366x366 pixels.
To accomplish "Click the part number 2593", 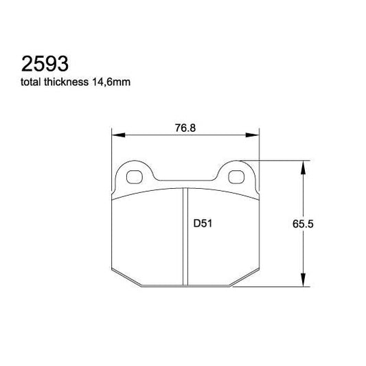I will pyautogui.click(x=42, y=65).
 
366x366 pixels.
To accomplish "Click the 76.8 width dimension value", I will pyautogui.click(x=181, y=127).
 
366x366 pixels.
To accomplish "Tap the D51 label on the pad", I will pyautogui.click(x=201, y=223).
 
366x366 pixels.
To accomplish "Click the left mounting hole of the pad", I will pyautogui.click(x=135, y=175).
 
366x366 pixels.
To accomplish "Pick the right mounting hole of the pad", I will pyautogui.click(x=236, y=175).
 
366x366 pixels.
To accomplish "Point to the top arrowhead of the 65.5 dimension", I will pyautogui.click(x=302, y=165).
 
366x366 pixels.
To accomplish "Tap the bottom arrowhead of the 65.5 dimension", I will pyautogui.click(x=302, y=281).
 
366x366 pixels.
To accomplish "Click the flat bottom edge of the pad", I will pyautogui.click(x=185, y=286).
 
